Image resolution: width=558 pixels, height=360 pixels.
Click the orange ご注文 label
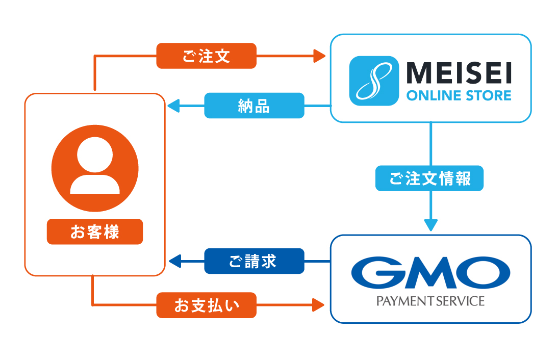coord(206,56)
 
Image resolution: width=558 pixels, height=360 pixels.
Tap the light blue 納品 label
coord(254,106)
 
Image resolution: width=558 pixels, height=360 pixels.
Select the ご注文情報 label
coord(429,179)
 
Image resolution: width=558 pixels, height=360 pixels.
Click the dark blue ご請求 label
coord(254,262)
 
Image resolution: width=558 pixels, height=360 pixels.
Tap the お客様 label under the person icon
coord(95,232)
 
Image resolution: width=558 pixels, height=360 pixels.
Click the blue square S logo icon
coord(374,81)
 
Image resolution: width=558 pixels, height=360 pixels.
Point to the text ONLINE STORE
coord(458,95)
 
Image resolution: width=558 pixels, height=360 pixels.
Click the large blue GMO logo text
coord(430,272)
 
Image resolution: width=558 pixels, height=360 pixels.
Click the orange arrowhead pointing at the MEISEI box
coord(320,56)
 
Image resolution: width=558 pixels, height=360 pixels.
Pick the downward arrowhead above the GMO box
coord(431,224)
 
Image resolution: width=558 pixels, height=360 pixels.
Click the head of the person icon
coord(95,155)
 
